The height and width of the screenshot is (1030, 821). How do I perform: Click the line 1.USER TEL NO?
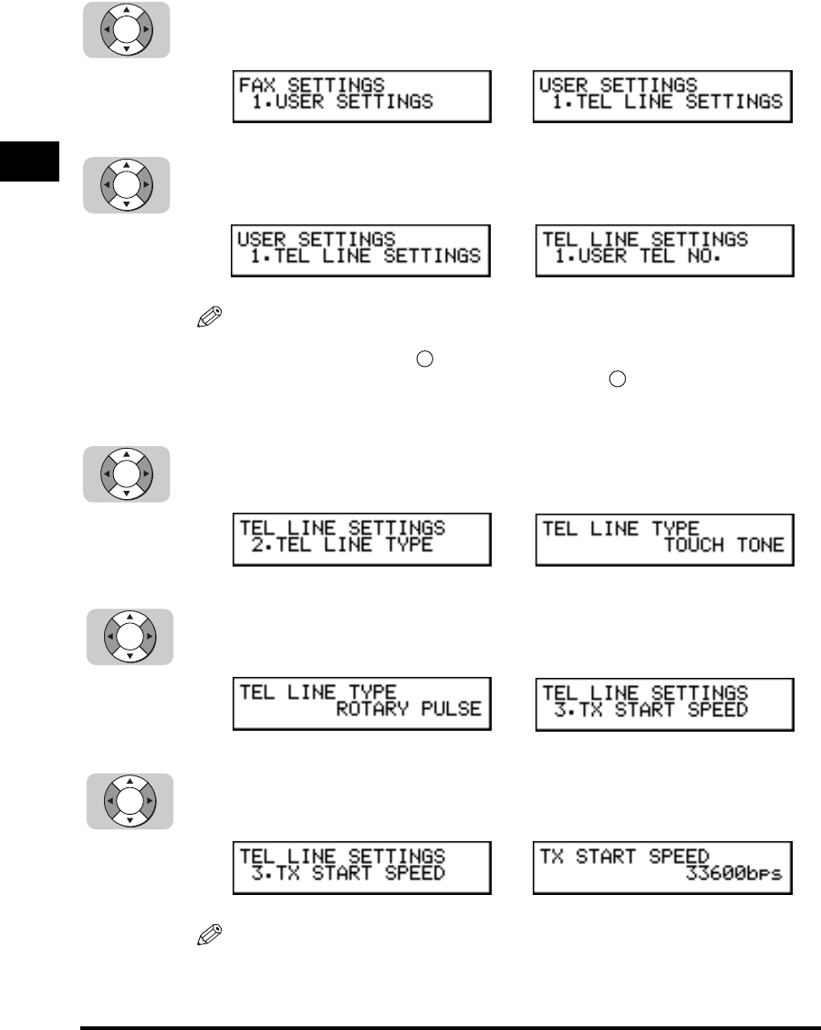[638, 257]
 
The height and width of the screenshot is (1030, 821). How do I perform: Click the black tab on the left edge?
[29, 161]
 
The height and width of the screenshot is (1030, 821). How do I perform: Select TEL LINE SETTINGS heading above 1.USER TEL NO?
[646, 240]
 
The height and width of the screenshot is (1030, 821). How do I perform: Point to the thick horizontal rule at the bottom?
[450, 1002]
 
